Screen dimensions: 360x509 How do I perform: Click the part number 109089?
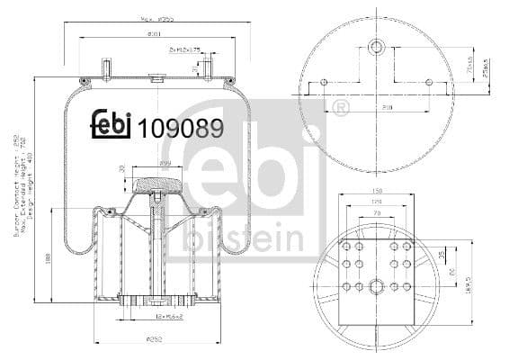coord(180,128)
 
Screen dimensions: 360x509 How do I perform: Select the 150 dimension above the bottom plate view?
coord(378,191)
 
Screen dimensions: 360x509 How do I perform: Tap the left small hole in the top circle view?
coord(325,83)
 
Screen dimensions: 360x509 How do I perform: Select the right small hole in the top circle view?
coord(428,83)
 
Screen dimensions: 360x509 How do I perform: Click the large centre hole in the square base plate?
coord(378,287)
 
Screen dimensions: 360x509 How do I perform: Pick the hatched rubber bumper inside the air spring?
coord(157,186)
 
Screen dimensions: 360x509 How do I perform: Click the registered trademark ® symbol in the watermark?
coord(340,110)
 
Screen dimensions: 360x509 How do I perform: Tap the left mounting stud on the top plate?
coord(106,68)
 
